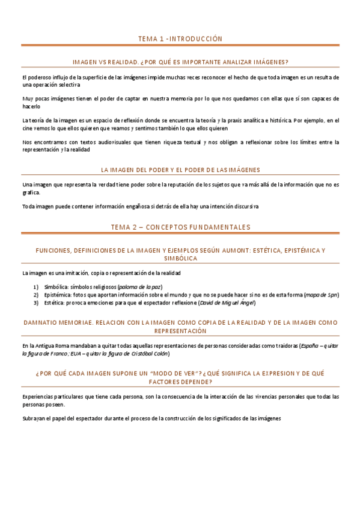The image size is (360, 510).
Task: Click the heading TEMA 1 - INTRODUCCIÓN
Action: click(180, 38)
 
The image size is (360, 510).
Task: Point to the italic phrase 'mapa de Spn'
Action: click(322, 295)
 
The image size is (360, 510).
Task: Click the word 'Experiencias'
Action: click(40, 396)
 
